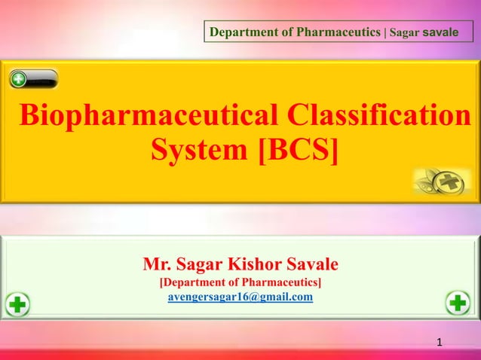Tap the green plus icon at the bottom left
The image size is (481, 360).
[x=17, y=305]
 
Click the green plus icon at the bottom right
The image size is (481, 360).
[x=458, y=303]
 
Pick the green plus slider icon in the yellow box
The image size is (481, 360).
[x=34, y=79]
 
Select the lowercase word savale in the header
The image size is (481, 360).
[x=440, y=32]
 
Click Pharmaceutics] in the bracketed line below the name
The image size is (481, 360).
[x=283, y=282]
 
